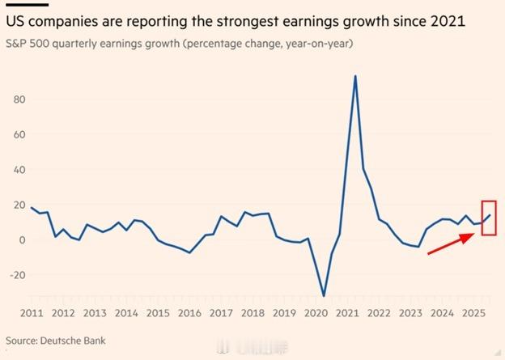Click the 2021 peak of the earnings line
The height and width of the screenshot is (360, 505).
355,77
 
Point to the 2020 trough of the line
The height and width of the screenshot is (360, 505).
325,295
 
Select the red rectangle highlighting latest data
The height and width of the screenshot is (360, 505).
489,218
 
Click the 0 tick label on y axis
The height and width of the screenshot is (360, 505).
23,239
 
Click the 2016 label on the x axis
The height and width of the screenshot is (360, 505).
189,313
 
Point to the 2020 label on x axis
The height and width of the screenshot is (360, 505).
315,313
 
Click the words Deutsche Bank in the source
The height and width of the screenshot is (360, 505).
74,341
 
